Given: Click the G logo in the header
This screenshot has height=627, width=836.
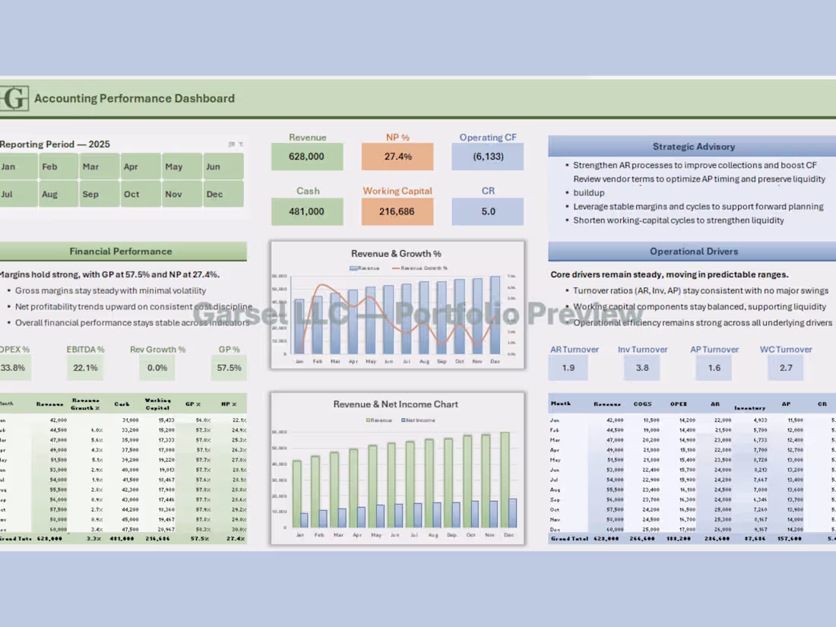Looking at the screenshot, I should pos(14,98).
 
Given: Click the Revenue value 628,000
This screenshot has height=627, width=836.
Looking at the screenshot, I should pos(307,157).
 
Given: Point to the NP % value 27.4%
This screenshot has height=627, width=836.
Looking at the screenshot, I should pos(397,157).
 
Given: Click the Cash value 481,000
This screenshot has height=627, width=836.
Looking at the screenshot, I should pos(307,211).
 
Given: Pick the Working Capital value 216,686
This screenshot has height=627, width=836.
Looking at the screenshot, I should pos(397,211).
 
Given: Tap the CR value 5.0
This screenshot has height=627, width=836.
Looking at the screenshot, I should pos(487,211).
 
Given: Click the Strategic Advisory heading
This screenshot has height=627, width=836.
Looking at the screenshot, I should pos(693,147).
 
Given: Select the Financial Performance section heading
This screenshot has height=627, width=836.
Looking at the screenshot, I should pos(121,252).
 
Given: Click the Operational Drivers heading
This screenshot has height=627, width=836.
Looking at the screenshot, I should pos(693,252).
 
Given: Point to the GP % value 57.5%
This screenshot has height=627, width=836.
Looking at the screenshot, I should pos(229,368).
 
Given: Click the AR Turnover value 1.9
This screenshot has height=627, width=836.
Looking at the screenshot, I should pos(568,368).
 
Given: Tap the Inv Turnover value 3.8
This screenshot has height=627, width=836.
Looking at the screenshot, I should pos(641,368).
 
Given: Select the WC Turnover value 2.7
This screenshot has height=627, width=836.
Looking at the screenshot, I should pos(786,368).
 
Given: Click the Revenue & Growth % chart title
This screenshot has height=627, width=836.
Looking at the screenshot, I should pos(396,254).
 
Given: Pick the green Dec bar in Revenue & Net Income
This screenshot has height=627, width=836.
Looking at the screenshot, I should pos(505,480).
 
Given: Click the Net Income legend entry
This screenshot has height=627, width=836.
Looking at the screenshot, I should pos(419,420).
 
